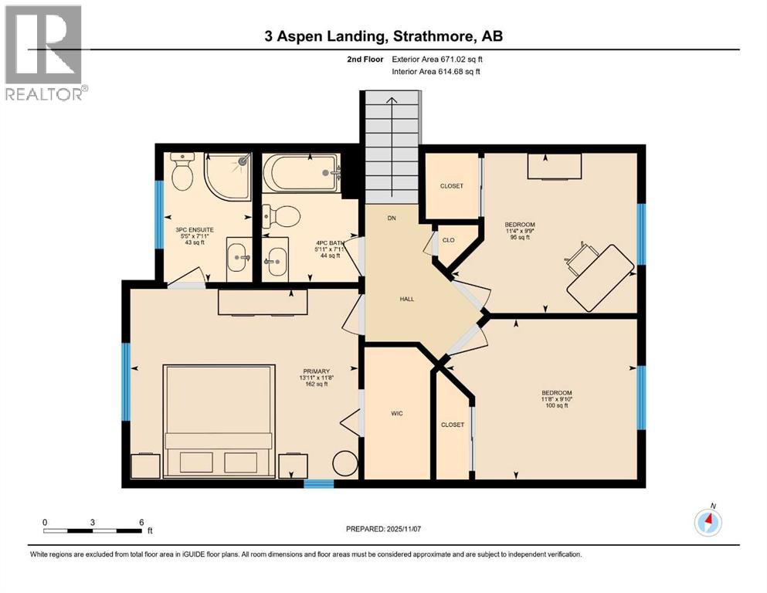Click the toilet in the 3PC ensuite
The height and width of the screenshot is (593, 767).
[183, 173]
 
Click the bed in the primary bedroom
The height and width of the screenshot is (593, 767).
[219, 421]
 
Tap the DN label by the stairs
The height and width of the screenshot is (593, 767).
[392, 219]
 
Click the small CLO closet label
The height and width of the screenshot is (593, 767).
[448, 240]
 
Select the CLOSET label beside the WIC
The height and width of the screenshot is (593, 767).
[452, 425]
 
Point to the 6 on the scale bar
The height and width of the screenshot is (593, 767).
[141, 523]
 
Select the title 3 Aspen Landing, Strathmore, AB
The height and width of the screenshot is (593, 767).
[383, 36]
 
